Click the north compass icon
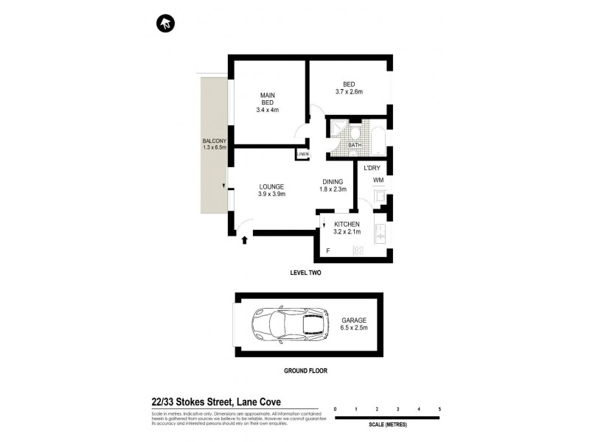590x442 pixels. click(165, 24)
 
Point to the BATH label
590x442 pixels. click(355, 145)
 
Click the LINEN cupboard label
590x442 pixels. click(303, 154)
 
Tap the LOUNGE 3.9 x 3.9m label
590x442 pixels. click(271, 190)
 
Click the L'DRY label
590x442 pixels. click(371, 168)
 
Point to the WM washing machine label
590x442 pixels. click(378, 180)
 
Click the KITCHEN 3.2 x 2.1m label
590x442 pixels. click(347, 228)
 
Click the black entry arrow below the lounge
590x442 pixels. click(245, 239)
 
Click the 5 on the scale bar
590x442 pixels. click(440, 407)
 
